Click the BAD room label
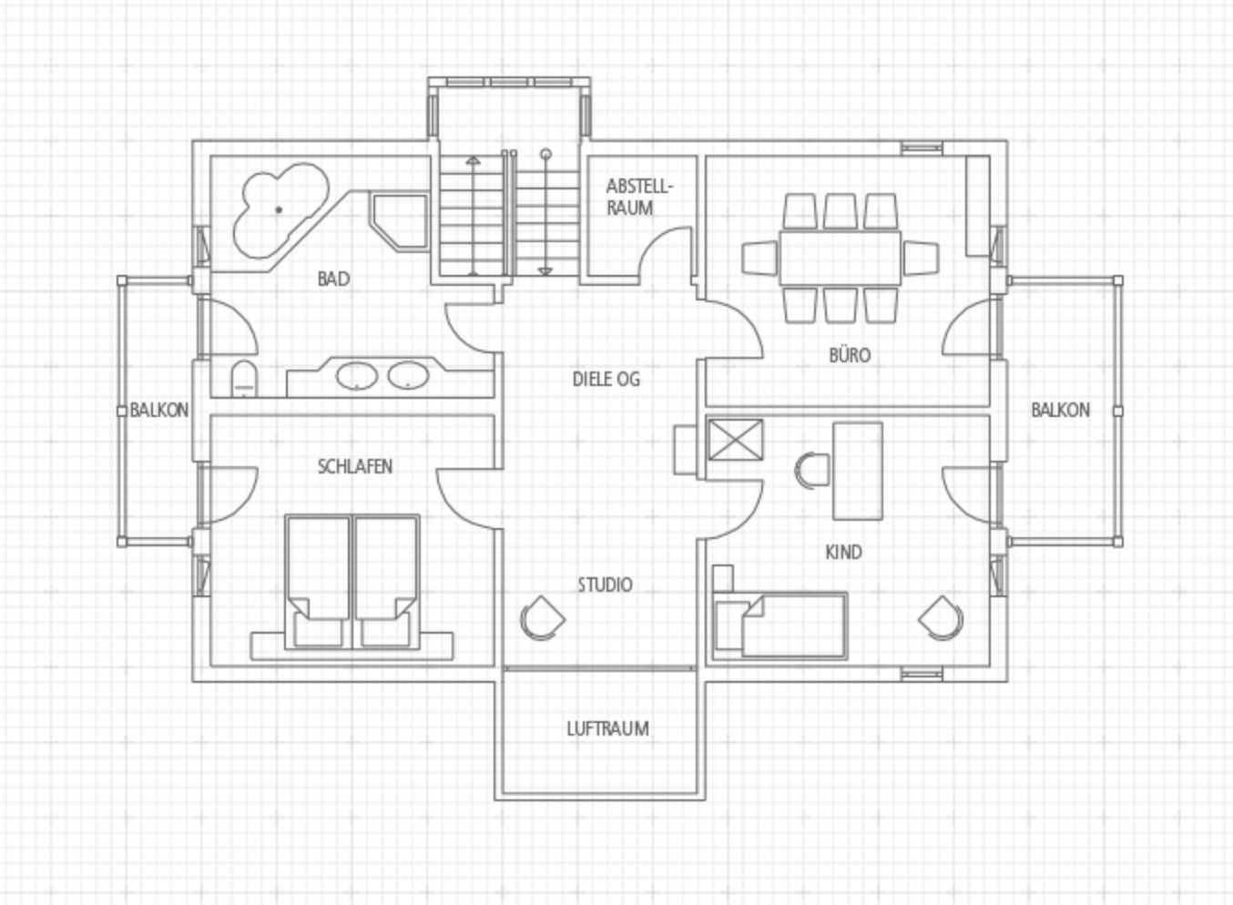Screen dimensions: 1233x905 333,280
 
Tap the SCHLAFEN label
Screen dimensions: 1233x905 355,467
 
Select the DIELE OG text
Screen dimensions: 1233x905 606,380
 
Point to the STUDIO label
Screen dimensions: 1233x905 605,585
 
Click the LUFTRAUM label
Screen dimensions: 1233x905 607,729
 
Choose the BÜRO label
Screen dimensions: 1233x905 850,355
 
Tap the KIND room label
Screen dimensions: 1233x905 843,552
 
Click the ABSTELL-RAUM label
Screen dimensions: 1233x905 639,197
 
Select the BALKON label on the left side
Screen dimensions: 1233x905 159,410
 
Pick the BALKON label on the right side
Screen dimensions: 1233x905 1060,410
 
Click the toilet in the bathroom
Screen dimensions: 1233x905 244,379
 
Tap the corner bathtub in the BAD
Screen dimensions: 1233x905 280,210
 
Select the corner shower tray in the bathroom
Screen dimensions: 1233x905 399,222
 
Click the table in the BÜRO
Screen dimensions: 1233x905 840,259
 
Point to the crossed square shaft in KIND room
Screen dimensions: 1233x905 736,440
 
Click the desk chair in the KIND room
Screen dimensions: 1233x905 812,471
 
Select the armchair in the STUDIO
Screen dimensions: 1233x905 542,618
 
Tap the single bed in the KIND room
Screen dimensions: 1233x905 780,625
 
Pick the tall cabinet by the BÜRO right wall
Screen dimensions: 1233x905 978,206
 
